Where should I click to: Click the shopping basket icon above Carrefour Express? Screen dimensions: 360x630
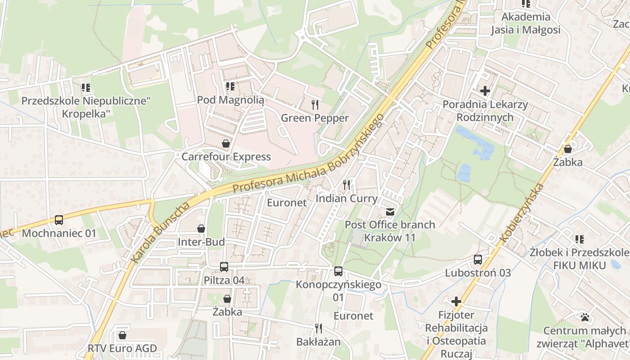pos(225,144)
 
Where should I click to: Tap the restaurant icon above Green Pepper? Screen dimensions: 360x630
pos(315,105)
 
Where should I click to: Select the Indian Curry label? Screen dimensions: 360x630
pos(346,198)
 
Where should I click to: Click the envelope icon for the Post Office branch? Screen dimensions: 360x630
pos(390,211)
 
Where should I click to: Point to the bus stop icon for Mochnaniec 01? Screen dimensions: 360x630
pos(59,220)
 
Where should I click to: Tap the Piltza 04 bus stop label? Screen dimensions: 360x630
pos(224,280)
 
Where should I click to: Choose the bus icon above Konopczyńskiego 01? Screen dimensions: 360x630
pos(338,271)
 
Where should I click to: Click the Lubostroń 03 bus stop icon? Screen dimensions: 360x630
pos(478,260)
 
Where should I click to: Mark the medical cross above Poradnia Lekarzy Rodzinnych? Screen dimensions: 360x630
pos(485,91)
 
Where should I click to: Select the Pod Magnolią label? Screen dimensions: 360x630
pos(230,100)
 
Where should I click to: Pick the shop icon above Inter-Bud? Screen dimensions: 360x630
pos(201,229)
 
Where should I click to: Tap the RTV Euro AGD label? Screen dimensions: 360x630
pos(122,348)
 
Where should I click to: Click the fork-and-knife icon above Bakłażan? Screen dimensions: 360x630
pos(319,328)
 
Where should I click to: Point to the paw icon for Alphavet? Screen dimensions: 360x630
pos(585,317)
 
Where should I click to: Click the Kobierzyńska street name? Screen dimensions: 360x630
pos(522,212)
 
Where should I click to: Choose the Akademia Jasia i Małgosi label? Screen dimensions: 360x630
pos(526,23)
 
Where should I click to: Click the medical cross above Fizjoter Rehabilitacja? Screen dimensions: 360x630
pos(457,301)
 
